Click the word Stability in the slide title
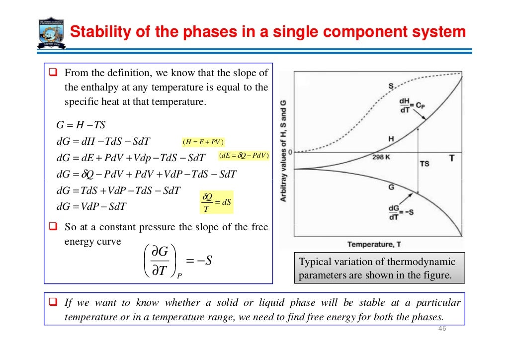(97, 32)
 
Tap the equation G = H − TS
(81, 124)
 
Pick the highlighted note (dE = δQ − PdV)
(244, 156)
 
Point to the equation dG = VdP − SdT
(91, 206)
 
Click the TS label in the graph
(425, 164)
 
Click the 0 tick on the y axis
(289, 151)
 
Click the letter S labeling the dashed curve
(391, 87)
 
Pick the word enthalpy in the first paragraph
(98, 88)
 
